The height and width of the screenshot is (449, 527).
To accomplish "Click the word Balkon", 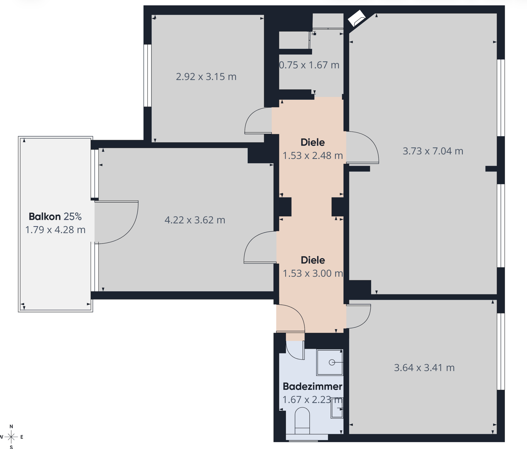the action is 44,217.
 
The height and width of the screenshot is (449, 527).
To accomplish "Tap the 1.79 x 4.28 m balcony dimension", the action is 55,230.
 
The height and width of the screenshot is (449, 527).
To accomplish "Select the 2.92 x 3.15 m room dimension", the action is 206,77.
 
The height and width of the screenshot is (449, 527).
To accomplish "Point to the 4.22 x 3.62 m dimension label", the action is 195,220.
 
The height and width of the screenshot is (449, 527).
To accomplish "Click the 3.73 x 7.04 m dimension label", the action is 433,151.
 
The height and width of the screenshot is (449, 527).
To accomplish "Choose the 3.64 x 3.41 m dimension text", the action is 424,368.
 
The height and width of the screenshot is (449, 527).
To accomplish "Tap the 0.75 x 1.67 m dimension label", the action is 309,65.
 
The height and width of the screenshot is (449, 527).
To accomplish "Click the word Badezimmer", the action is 312,386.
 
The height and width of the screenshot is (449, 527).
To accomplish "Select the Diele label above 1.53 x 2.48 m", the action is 312,142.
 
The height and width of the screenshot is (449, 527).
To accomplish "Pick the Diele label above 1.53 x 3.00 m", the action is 313,260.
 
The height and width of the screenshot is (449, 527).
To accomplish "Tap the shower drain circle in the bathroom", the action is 332,362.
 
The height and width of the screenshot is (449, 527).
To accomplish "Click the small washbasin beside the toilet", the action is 337,408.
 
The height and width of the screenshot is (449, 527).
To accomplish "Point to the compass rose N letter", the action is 11,426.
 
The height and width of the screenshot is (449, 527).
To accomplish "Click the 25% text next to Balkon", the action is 72,217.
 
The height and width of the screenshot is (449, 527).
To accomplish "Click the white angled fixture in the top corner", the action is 357,18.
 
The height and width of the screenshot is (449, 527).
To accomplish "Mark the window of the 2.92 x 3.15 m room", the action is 148,76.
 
